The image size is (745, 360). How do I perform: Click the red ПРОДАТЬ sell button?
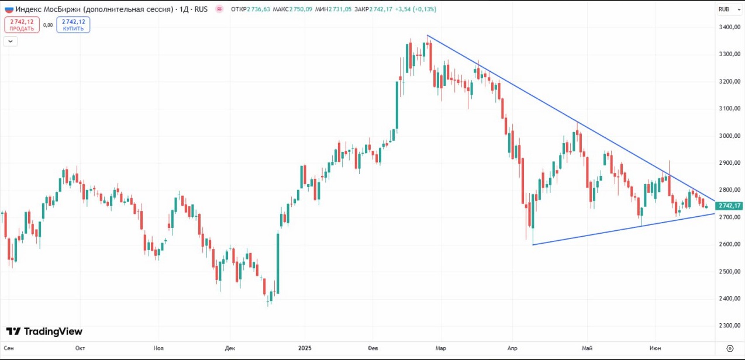[x=22, y=25]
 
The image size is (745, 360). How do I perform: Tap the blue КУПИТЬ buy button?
[x=73, y=25]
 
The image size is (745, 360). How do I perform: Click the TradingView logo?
[x=44, y=331]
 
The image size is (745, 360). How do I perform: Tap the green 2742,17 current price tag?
[x=729, y=206]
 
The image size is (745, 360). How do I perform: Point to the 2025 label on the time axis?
[x=306, y=348]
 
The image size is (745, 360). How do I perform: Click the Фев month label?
[x=373, y=348]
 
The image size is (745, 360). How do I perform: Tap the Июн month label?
[x=655, y=348]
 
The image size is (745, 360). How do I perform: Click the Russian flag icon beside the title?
[x=9, y=9]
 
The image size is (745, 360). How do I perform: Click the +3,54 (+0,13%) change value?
[x=415, y=9]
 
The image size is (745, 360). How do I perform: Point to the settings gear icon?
[x=729, y=348]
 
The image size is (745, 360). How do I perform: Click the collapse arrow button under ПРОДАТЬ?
[x=11, y=41]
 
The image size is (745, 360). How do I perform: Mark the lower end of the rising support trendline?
[x=533, y=244]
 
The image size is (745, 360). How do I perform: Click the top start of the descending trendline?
[x=427, y=36]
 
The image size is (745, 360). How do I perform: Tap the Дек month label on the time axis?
[x=230, y=348]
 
